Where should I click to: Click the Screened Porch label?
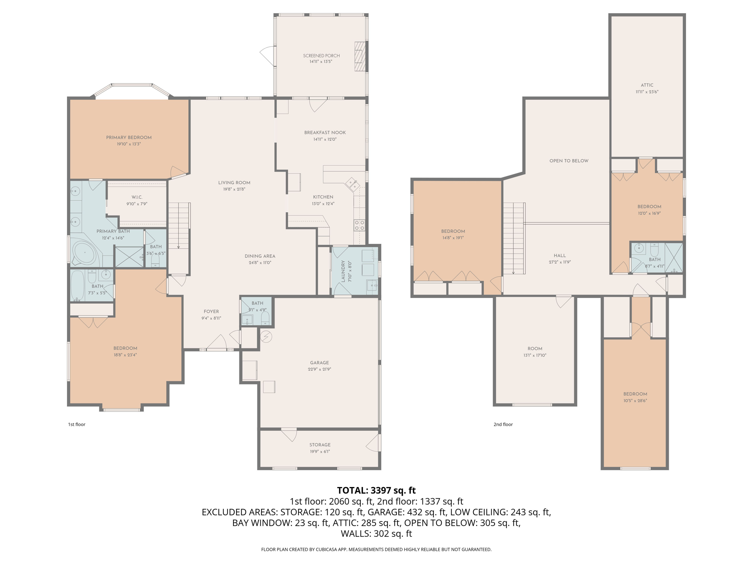[x=321, y=56]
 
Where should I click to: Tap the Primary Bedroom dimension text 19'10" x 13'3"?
[x=129, y=144]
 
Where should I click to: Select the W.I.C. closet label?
[x=137, y=197]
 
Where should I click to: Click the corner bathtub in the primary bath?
[x=85, y=253]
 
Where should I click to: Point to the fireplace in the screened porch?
[x=360, y=56]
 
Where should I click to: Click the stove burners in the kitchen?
[x=359, y=225]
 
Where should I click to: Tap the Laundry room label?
[x=343, y=271]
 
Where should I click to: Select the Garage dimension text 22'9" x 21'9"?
[x=319, y=369]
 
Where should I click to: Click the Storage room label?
[x=320, y=445]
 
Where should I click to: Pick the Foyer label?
[x=211, y=312]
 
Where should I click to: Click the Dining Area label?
[x=260, y=256]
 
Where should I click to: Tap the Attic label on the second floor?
[x=647, y=85]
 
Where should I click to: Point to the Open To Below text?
[x=568, y=161]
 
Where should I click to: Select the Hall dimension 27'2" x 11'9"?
[x=560, y=262]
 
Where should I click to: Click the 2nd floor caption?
[x=503, y=424]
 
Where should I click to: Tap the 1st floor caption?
[x=76, y=424]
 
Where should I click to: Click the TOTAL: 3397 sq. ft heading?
[x=376, y=490]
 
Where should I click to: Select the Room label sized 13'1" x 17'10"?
[x=535, y=348]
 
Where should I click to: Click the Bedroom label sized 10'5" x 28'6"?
[x=635, y=394]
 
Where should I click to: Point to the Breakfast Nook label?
[x=325, y=132]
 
